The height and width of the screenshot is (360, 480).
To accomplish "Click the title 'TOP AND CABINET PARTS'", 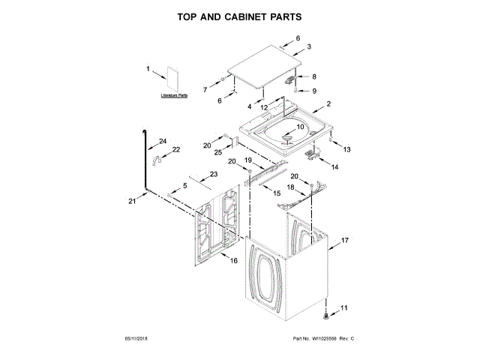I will tap(239, 16).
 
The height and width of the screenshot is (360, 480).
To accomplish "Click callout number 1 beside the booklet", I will tap(149, 69).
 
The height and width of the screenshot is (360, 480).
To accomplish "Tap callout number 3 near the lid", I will tap(308, 46).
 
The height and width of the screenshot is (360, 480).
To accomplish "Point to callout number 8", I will tap(314, 76).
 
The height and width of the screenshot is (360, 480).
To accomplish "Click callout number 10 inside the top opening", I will tap(301, 127).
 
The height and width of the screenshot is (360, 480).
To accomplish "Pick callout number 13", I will tap(346, 150).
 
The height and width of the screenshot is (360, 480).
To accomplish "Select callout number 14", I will tap(334, 167).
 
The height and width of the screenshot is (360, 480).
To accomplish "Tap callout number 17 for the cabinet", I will tap(346, 241).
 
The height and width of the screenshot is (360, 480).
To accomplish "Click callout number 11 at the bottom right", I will tap(345, 308).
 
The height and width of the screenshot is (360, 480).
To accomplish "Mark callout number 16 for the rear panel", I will tap(233, 261).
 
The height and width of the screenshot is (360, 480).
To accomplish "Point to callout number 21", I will tap(132, 201).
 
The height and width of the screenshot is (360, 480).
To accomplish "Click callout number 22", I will tap(176, 150).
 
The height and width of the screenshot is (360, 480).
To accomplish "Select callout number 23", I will tap(214, 174).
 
